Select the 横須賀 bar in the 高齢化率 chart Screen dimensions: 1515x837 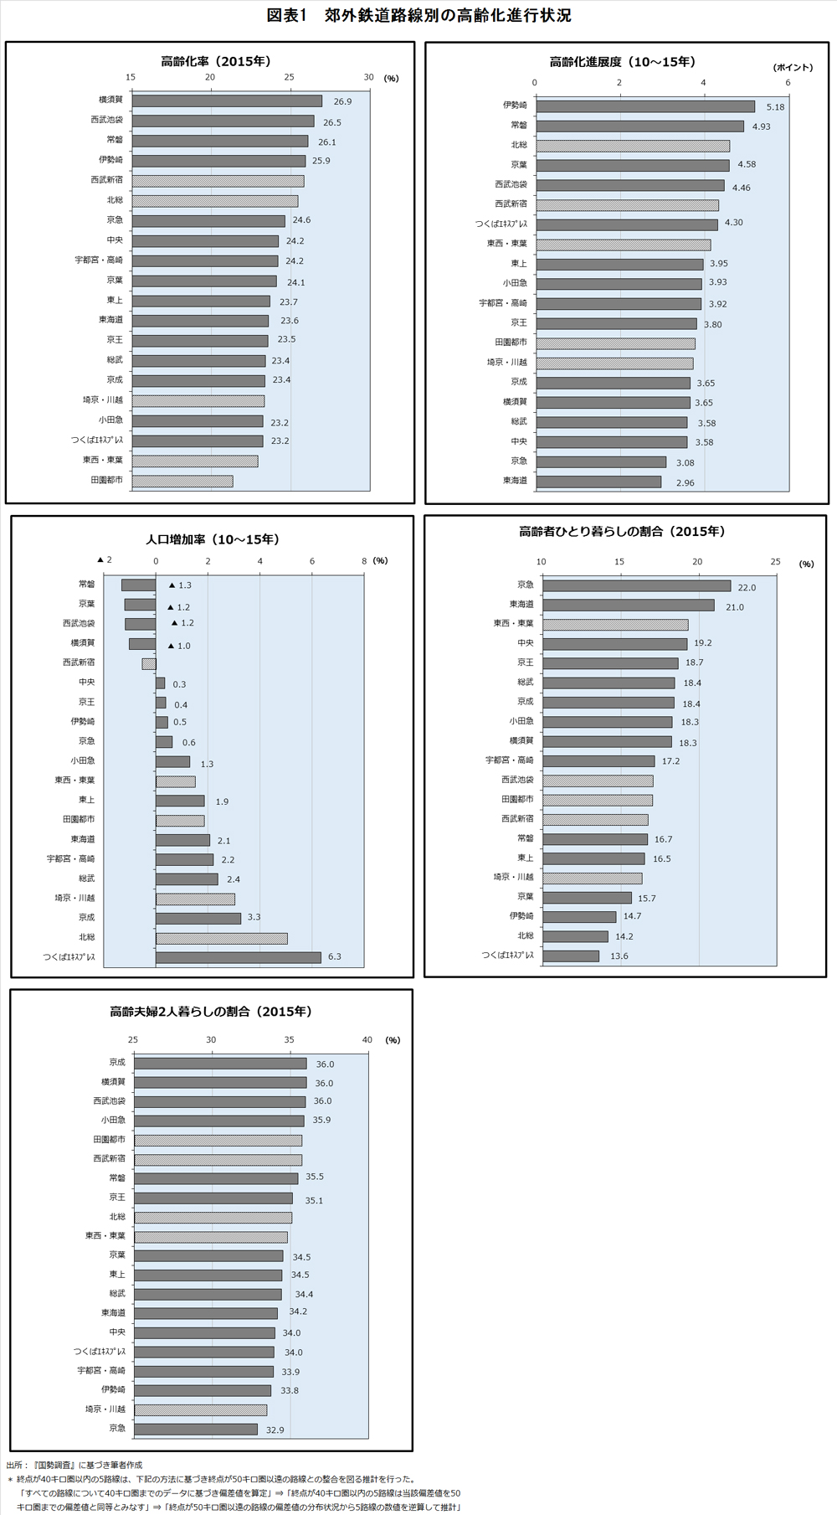click(x=227, y=100)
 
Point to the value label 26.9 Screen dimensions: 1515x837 click(x=342, y=101)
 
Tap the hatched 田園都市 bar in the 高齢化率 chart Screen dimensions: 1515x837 click(x=182, y=481)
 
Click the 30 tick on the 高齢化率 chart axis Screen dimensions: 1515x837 click(x=368, y=77)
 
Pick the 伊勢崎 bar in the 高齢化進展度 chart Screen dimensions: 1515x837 click(x=645, y=106)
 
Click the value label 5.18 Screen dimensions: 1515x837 click(x=775, y=107)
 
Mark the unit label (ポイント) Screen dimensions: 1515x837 click(x=793, y=67)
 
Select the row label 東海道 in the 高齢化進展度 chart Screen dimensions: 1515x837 click(x=515, y=481)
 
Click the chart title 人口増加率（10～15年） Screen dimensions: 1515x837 click(x=213, y=539)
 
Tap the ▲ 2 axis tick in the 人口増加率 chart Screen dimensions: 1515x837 click(x=104, y=559)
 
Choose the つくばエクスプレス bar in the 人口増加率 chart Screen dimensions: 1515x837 click(x=239, y=957)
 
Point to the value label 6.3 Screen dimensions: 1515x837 click(x=335, y=956)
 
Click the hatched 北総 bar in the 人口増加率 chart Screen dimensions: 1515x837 click(x=222, y=938)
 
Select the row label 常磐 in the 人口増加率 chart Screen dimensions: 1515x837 click(x=86, y=585)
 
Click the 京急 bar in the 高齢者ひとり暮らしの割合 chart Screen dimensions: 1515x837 click(x=637, y=586)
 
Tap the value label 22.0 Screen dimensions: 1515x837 click(x=747, y=587)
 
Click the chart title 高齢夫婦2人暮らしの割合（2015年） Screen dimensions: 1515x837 click(x=211, y=1011)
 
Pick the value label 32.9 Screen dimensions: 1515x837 click(x=275, y=1430)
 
